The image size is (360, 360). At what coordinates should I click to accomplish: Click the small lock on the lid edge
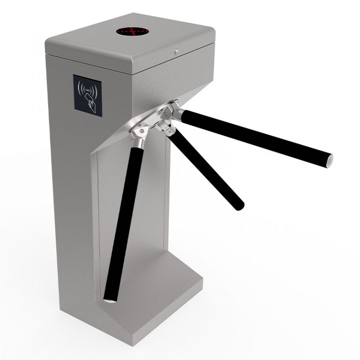[x=177, y=52]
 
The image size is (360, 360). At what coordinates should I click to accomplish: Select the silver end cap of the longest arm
[x=330, y=160]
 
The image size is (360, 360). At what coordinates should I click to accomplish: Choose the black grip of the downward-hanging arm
[x=124, y=216]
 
